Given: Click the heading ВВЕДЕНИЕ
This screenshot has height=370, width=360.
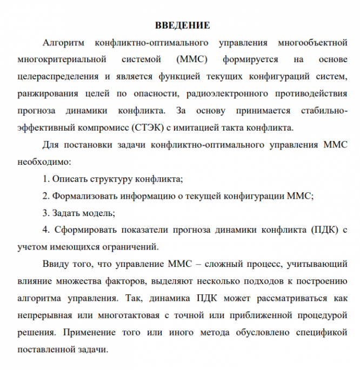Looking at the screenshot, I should tap(182, 25).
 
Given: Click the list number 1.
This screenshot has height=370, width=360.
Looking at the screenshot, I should tap(45, 179).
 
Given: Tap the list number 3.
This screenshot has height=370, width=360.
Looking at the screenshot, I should tap(45, 213).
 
